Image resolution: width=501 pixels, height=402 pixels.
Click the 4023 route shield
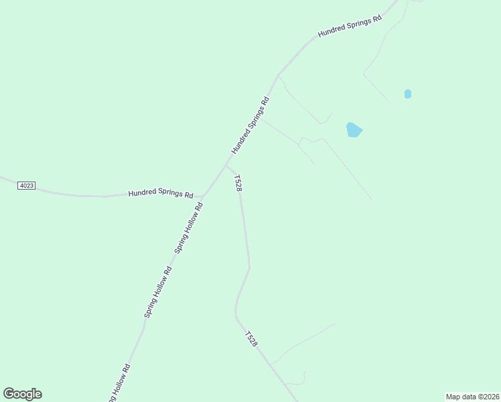[x=26, y=186]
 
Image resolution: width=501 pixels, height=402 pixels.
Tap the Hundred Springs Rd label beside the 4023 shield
[x=161, y=194]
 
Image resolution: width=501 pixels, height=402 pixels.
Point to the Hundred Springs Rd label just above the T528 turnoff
[x=250, y=125]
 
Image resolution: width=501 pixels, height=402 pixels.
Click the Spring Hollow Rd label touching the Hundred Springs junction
[x=189, y=228]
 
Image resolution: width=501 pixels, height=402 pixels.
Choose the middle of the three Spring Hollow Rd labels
[x=159, y=291]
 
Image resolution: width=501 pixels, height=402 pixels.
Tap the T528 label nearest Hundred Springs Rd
[x=237, y=184]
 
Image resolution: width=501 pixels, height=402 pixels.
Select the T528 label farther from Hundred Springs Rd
[x=250, y=339]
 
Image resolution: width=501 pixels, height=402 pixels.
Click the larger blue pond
[x=354, y=129]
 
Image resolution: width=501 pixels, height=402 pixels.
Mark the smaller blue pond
[x=408, y=94]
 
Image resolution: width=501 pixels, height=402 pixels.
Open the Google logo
[x=22, y=394]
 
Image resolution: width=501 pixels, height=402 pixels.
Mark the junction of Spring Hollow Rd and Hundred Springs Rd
[x=202, y=196]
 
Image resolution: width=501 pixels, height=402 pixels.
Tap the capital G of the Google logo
[x=9, y=394]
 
